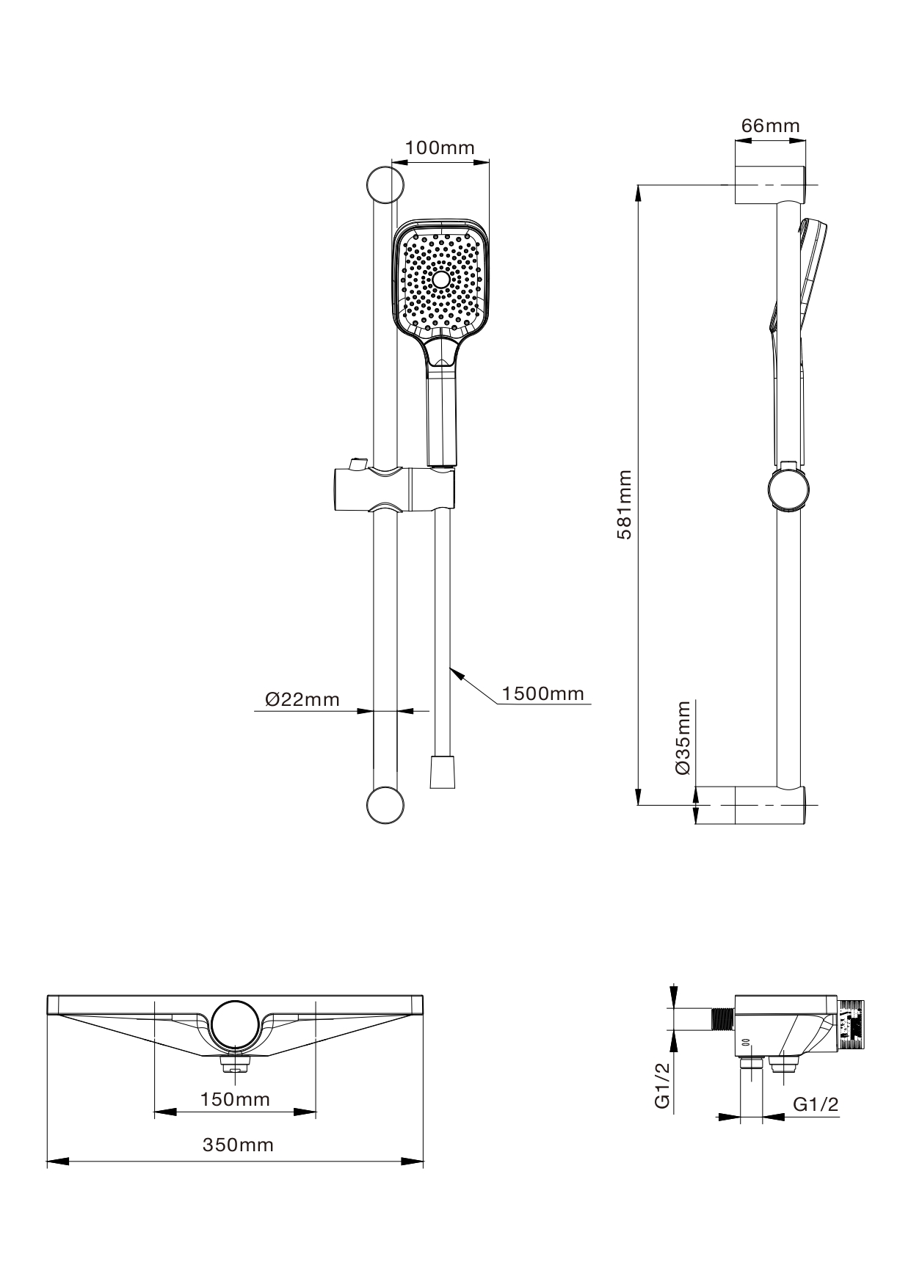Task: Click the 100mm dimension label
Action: coord(440,148)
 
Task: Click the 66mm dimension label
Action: coord(770,126)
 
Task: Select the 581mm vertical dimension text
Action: coord(625,505)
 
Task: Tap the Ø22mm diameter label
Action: coord(302,699)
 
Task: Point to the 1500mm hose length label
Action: coord(542,693)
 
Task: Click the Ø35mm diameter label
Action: coord(683,737)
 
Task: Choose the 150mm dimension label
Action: coord(235,1099)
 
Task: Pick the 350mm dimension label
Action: coord(238,1145)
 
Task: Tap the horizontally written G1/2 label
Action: coord(816,1104)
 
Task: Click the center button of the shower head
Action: coord(441,280)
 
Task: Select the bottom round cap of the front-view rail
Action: coord(385,805)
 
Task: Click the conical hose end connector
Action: coord(442,770)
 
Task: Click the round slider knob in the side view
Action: coord(790,489)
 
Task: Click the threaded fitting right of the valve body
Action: coord(852,1021)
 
